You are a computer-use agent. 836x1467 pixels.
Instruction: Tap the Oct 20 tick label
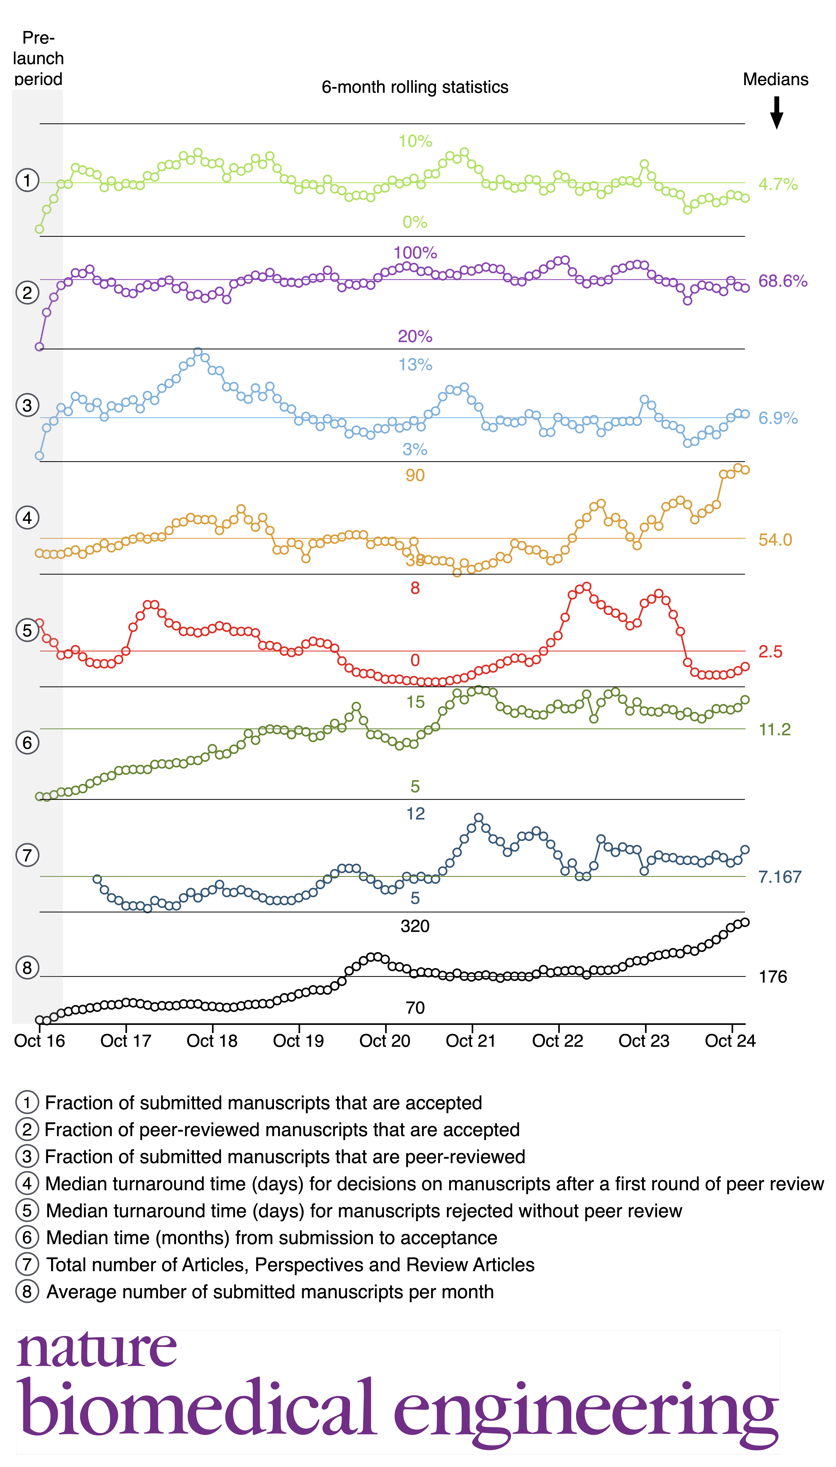click(385, 1041)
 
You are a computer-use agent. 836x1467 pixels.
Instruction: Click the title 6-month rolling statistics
click(414, 87)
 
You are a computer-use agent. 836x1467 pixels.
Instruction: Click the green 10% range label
click(415, 141)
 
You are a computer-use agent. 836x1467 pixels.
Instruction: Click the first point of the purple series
click(40, 347)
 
